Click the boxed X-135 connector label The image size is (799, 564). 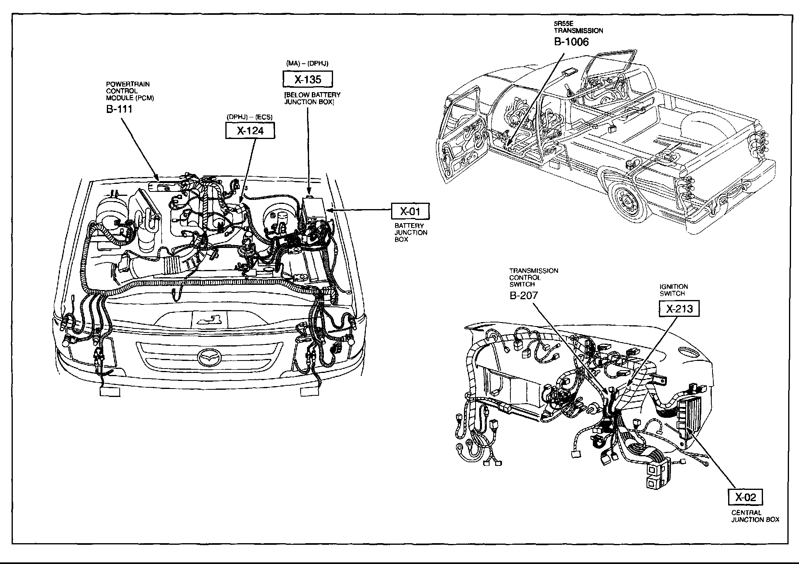tap(307, 79)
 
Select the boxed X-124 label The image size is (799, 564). tap(250, 131)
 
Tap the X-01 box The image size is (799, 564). tap(410, 211)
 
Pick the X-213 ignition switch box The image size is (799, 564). tap(679, 308)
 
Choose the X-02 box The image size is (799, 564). tap(745, 497)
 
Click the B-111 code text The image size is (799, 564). tap(119, 109)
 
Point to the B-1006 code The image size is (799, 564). tap(571, 42)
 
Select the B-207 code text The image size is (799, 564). tap(524, 295)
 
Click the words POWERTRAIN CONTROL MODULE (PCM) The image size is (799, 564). tap(130, 91)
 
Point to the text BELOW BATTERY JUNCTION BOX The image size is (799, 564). tap(312, 98)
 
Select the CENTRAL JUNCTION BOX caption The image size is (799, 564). tap(755, 516)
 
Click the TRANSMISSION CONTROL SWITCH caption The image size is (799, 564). tap(533, 277)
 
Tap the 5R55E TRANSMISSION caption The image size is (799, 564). tap(578, 27)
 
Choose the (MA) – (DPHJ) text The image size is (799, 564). tap(307, 64)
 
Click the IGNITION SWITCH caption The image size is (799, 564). tap(674, 290)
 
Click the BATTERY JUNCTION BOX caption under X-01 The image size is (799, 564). tap(411, 232)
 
